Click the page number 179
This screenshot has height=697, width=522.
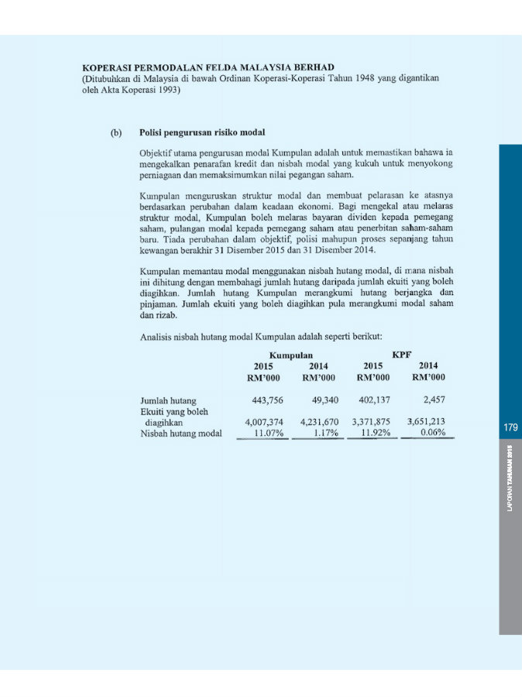tap(510, 427)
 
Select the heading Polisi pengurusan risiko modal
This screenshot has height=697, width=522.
tap(202, 132)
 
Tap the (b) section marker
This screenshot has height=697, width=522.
tap(115, 132)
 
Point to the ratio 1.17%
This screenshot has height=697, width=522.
tap(325, 434)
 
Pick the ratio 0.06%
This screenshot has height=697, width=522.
tap(432, 434)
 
